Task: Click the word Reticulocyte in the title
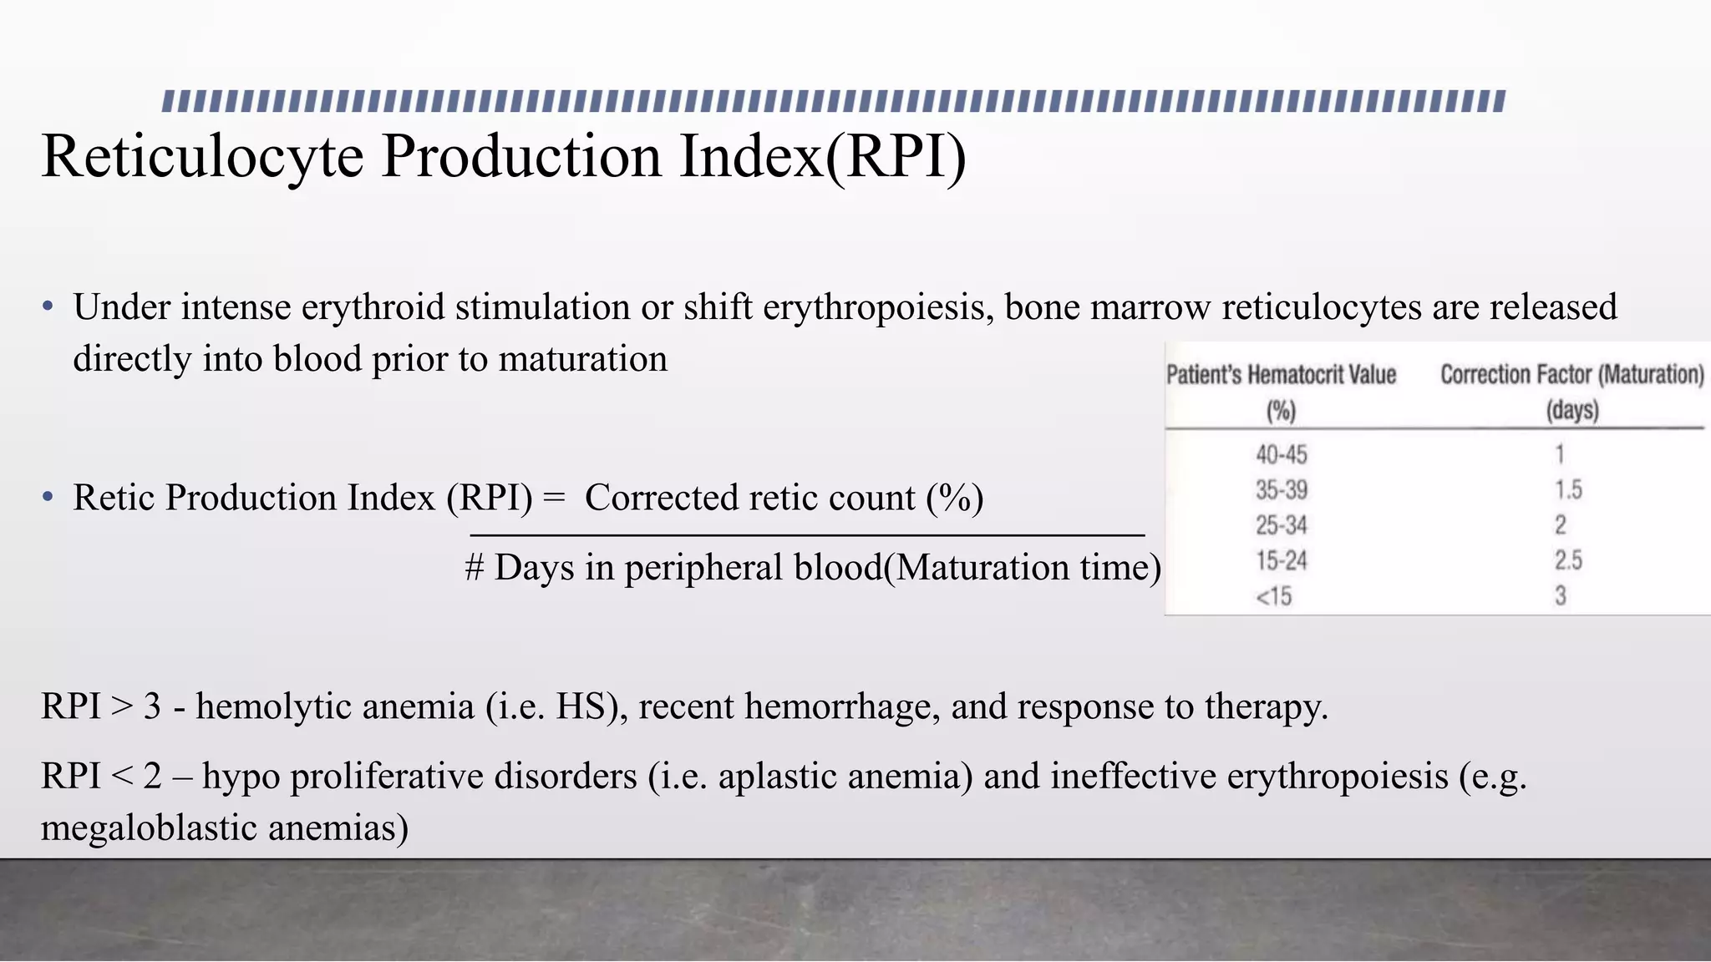202,156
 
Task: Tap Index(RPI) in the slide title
822,156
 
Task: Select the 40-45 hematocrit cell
1281,454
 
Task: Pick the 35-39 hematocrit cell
1281,489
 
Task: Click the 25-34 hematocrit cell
1281,525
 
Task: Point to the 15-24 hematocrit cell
1281,560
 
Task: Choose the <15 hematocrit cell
1273,596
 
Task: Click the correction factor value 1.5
1568,489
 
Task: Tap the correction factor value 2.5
1568,560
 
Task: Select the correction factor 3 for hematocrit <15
1560,596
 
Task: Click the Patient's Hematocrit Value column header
1281,375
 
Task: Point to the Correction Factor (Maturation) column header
1571,375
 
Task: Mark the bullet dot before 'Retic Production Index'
48,498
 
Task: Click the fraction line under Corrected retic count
806,534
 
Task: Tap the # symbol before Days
474,568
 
